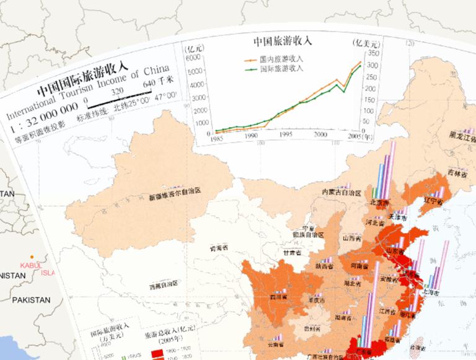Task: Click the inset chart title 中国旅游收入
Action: click(283, 42)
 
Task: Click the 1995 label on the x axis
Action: click(285, 134)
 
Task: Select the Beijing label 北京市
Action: click(379, 203)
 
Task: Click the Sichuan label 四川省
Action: click(278, 297)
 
